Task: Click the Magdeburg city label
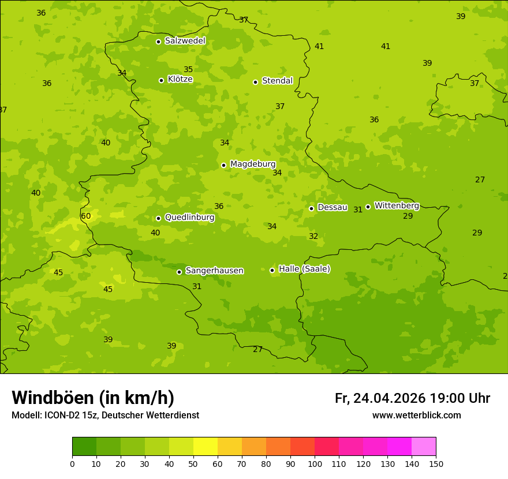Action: pyautogui.click(x=253, y=164)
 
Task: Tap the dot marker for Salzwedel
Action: pyautogui.click(x=158, y=42)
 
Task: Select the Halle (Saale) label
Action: pyautogui.click(x=304, y=269)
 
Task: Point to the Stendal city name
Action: pyautogui.click(x=278, y=81)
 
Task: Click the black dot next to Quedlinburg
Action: pyautogui.click(x=158, y=218)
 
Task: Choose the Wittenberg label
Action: pyautogui.click(x=397, y=205)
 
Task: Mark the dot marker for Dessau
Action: pyautogui.click(x=311, y=208)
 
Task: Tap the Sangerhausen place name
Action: pyautogui.click(x=214, y=271)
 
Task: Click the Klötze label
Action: pyautogui.click(x=180, y=79)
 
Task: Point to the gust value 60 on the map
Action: pyautogui.click(x=85, y=216)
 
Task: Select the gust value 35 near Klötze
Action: pyautogui.click(x=188, y=70)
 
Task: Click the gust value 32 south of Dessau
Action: pyautogui.click(x=313, y=236)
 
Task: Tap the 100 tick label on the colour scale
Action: pyautogui.click(x=315, y=463)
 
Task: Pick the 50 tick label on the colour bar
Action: pyautogui.click(x=193, y=463)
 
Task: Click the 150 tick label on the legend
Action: pyautogui.click(x=436, y=463)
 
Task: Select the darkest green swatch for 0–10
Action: pyautogui.click(x=84, y=447)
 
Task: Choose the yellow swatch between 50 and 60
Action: pyautogui.click(x=206, y=447)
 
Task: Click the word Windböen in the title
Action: pyautogui.click(x=53, y=398)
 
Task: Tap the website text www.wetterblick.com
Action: pyautogui.click(x=416, y=416)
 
